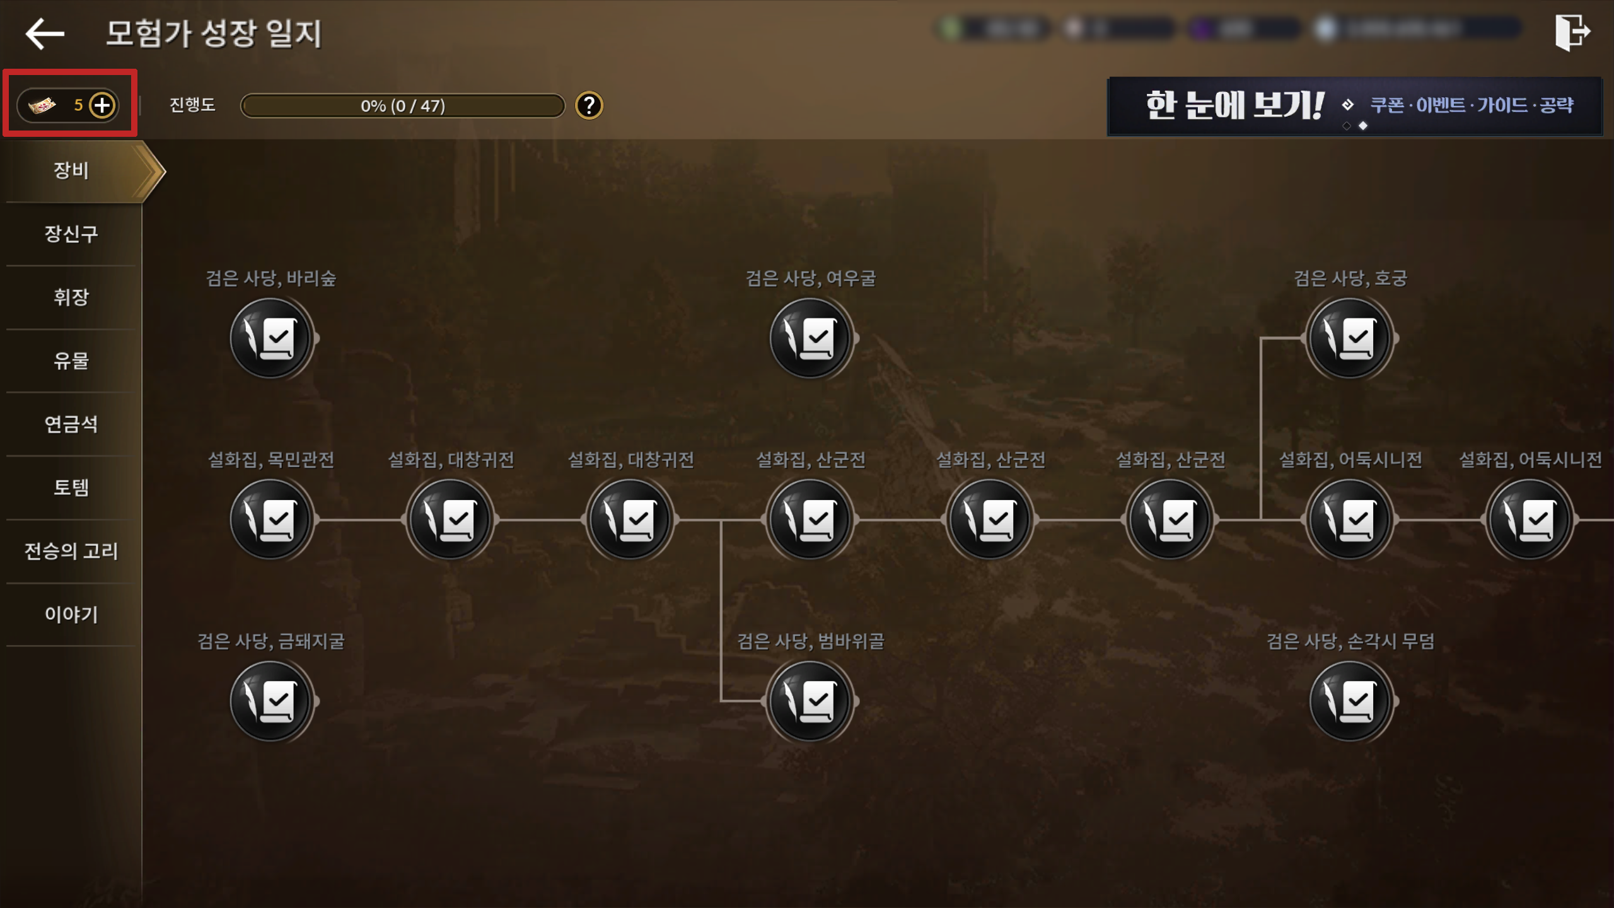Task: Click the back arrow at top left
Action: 45,33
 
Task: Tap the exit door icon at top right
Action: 1572,32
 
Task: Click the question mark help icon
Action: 589,105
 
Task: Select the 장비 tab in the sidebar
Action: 71,170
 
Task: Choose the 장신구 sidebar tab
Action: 71,234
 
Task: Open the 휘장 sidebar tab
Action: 71,297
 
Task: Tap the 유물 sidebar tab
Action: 71,361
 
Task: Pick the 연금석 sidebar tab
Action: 71,424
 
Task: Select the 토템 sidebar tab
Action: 71,487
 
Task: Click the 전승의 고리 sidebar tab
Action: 71,551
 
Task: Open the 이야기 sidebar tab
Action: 71,614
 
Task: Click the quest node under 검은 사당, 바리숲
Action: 271,339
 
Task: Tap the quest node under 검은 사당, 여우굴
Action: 811,339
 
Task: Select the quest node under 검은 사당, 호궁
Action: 1350,339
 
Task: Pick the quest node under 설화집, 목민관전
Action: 271,520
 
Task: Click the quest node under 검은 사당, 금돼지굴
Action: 271,701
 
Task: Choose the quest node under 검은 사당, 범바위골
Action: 811,701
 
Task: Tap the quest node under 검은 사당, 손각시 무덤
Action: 1350,701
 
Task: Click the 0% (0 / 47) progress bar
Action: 403,106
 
